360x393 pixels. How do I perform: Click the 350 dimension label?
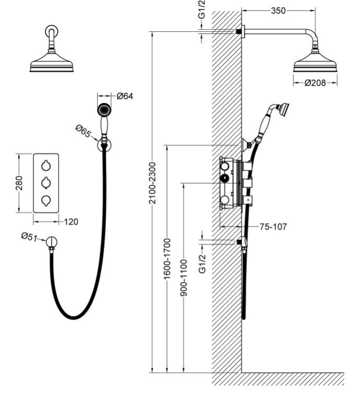coord(278,10)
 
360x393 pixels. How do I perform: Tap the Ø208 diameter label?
coord(315,83)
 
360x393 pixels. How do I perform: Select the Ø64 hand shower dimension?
coord(125,96)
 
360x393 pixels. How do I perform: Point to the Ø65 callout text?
coord(83,131)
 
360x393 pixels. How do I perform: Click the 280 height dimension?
coord(19,183)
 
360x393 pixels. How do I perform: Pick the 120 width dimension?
coord(71,222)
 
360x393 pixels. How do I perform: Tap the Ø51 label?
coord(29,237)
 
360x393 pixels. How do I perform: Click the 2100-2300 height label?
coord(152,183)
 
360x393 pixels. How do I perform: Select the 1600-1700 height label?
coord(167,259)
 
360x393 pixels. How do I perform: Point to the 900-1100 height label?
coord(184,278)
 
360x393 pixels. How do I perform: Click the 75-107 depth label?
coord(273,227)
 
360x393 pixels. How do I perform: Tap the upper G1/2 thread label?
coord(202,9)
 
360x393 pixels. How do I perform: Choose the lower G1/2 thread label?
coord(202,264)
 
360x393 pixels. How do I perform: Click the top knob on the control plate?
coord(46,166)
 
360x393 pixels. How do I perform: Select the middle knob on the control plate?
coord(46,183)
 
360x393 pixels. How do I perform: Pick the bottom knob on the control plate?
coord(46,200)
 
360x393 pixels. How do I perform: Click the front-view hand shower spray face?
coord(104,110)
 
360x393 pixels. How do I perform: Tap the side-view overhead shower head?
coord(315,62)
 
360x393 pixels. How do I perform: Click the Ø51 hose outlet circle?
coord(52,242)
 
